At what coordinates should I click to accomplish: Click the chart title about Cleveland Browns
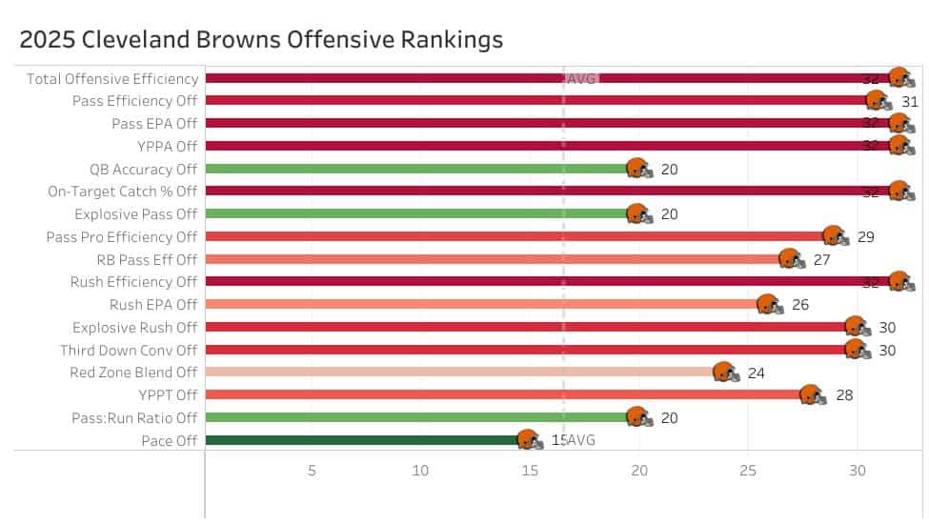(x=261, y=40)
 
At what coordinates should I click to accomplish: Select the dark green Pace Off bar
(x=362, y=440)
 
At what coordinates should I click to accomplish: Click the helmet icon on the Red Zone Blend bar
(x=724, y=373)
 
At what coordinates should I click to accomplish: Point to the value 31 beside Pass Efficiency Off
(x=910, y=101)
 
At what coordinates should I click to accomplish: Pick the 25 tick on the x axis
(x=748, y=470)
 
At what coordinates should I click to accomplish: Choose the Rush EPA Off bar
(x=476, y=304)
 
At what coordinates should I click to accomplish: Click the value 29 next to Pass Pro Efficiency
(x=866, y=236)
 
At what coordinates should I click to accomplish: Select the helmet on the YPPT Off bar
(x=812, y=395)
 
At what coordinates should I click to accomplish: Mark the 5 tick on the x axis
(x=312, y=470)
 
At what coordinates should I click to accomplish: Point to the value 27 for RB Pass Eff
(x=822, y=259)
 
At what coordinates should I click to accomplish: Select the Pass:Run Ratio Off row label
(x=134, y=417)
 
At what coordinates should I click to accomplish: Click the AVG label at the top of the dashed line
(x=581, y=78)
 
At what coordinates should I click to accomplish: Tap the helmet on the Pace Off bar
(x=529, y=440)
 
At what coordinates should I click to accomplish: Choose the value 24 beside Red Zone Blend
(x=757, y=373)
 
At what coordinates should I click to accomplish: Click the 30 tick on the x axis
(x=858, y=470)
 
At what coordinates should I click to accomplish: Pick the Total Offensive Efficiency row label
(x=112, y=78)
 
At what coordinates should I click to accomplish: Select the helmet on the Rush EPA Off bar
(x=768, y=305)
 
